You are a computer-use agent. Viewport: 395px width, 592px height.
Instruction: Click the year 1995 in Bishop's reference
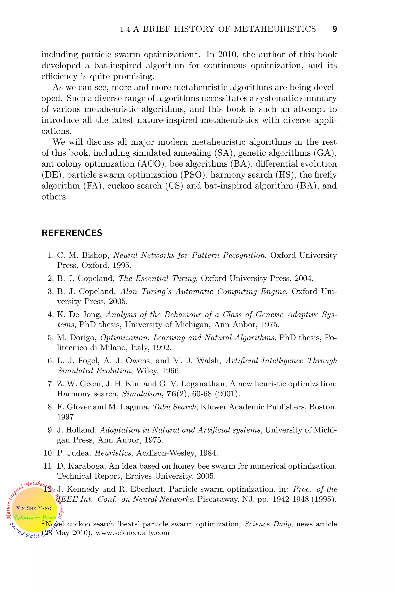122,265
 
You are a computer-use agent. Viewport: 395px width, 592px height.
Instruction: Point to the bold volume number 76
171,394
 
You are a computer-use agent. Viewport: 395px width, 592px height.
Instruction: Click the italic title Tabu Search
175,407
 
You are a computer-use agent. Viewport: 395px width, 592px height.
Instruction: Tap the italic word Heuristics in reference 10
113,453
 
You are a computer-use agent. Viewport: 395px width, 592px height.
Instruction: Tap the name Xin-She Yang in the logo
34,508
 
